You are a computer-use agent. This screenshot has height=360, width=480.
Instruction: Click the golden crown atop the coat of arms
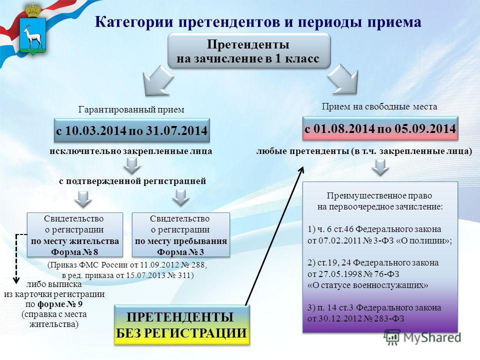33,10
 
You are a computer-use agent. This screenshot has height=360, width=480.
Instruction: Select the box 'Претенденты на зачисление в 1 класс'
249,51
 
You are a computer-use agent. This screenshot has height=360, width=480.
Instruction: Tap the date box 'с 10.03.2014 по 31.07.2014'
132,130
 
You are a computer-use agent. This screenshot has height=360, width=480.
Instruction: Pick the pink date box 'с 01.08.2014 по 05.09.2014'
380,128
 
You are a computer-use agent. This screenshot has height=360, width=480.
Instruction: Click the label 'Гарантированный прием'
131,109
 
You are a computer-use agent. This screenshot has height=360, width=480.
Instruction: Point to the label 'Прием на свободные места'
379,106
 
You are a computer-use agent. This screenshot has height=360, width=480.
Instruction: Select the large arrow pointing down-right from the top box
343,79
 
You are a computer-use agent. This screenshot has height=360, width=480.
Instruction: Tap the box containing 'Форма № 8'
75,235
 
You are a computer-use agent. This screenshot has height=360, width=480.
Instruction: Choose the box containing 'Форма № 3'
180,235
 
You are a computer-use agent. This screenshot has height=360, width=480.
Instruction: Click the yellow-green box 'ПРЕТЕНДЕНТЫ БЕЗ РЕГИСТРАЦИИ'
182,325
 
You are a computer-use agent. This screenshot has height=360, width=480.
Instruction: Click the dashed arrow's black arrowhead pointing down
16,280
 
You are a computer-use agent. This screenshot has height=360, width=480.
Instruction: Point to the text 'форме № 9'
59,304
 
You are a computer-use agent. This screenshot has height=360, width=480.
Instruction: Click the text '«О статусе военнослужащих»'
367,285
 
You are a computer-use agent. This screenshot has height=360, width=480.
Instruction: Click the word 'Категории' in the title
134,22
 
